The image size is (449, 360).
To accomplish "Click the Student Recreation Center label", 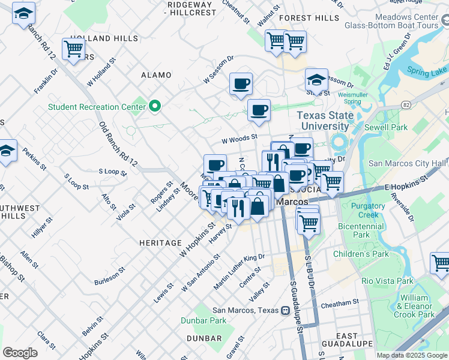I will click(97, 107).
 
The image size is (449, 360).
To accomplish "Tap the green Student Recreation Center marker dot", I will click(155, 107).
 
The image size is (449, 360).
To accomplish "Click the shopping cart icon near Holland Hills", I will click(73, 50).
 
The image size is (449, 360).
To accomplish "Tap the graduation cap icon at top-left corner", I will click(23, 14).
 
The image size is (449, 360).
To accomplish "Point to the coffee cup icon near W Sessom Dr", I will click(241, 84).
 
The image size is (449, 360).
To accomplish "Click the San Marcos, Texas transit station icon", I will click(286, 311).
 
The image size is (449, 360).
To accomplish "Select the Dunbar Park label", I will click(203, 320).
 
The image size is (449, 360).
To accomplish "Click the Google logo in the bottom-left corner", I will click(20, 353).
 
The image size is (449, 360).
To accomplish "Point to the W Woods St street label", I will click(239, 138).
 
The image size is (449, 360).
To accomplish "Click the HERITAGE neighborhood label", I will click(160, 242).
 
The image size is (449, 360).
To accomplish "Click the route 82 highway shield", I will click(406, 105).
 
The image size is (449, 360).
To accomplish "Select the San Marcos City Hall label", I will click(408, 163).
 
